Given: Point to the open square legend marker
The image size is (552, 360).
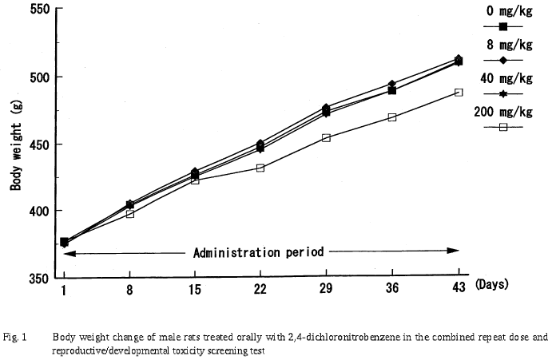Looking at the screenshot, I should (x=503, y=127).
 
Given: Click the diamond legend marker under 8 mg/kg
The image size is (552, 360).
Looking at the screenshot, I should (x=503, y=61).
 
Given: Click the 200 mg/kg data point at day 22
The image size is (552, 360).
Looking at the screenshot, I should (x=260, y=168).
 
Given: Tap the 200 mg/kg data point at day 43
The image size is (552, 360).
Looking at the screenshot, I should (x=459, y=93).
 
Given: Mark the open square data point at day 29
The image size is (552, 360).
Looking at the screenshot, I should (x=326, y=137).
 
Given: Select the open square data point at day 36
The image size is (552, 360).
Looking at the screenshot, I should (x=392, y=117).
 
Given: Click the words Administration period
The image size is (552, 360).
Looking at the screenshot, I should (x=258, y=252).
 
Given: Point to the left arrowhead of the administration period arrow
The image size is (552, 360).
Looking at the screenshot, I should (x=68, y=253).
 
